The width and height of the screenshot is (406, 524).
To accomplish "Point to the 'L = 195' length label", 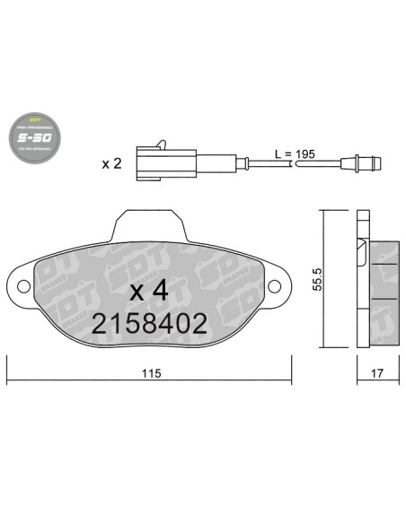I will pos(294,155).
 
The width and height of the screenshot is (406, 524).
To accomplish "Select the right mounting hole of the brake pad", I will pos(275,287).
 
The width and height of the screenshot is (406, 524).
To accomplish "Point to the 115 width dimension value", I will pos(150,374).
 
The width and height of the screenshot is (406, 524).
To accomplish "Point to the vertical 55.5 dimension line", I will pos(322,279).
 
